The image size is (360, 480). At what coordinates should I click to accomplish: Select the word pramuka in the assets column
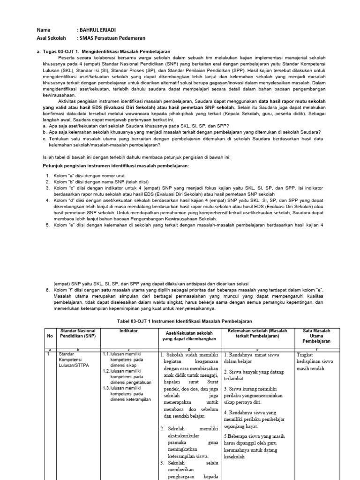coord(178,442)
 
